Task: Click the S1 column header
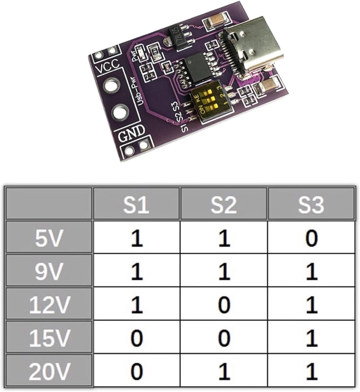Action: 136,204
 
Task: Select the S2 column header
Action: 223,204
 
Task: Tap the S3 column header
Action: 311,204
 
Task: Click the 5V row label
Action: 49,237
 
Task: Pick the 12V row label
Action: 49,304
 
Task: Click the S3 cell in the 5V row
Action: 311,237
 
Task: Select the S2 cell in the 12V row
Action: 223,304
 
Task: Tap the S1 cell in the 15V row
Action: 136,338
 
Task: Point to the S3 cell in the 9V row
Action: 311,271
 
